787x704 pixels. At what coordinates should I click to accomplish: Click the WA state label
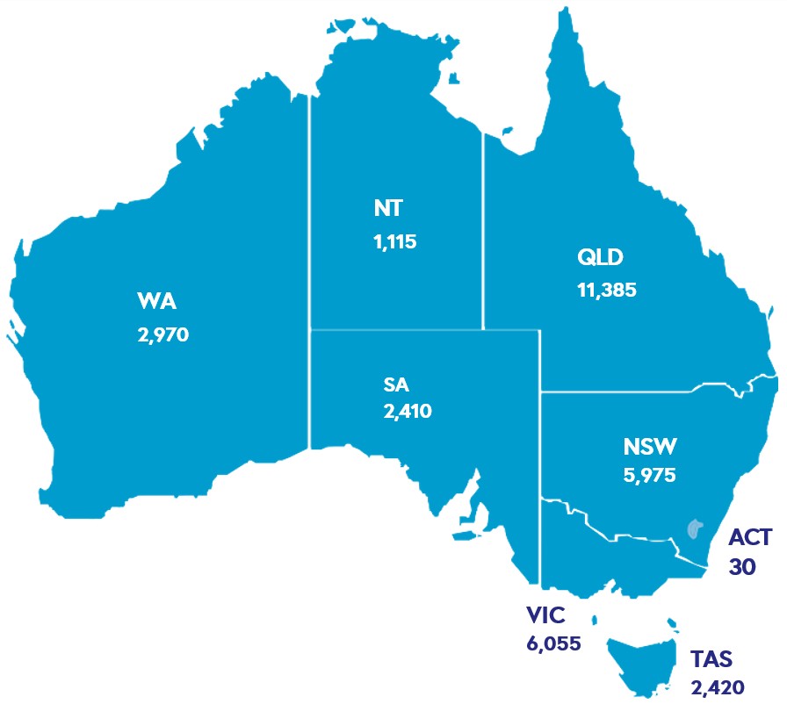pyautogui.click(x=157, y=303)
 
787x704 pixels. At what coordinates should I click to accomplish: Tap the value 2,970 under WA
pyautogui.click(x=163, y=334)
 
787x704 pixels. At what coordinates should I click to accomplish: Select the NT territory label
pyautogui.click(x=388, y=209)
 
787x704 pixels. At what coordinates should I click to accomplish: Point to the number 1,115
pyautogui.click(x=394, y=241)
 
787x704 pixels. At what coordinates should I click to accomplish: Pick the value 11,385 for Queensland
pyautogui.click(x=606, y=289)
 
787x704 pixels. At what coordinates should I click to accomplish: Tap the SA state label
pyautogui.click(x=396, y=384)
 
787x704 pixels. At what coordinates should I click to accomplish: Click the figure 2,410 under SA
pyautogui.click(x=407, y=410)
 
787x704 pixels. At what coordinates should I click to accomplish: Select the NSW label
pyautogui.click(x=650, y=447)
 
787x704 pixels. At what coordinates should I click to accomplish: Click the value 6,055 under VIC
pyautogui.click(x=553, y=643)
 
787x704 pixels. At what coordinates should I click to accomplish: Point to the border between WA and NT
pyautogui.click(x=309, y=263)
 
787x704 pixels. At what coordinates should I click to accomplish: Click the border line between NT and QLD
pyautogui.click(x=482, y=228)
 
